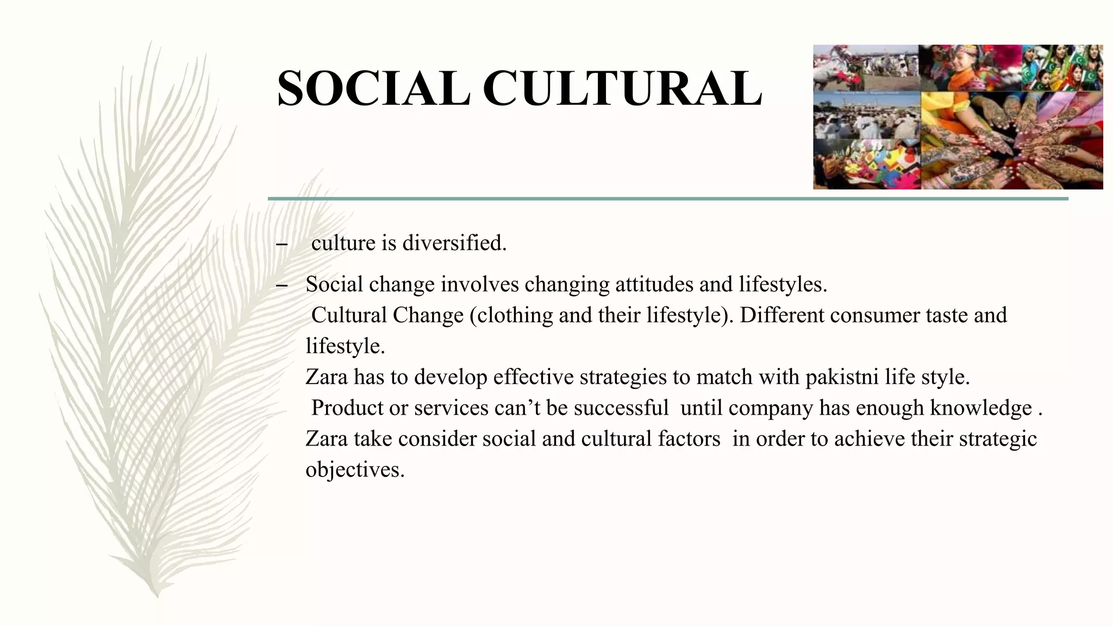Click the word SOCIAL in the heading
[x=373, y=89]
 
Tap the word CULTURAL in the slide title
[x=622, y=89]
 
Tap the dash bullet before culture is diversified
[x=281, y=245]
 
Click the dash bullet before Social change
[x=281, y=286]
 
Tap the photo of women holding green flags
[x=1062, y=68]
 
